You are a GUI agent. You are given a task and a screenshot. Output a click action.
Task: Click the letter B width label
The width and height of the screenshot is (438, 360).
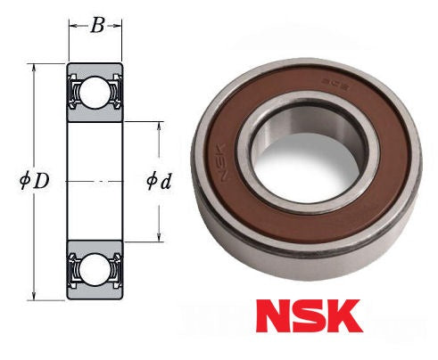click(x=96, y=25)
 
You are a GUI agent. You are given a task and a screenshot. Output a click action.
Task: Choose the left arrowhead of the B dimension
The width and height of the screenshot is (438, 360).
click(x=72, y=26)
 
